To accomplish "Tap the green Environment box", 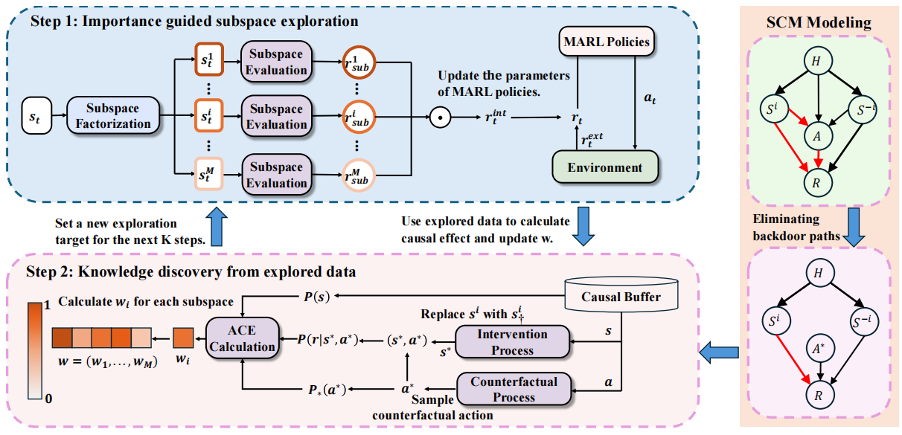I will (x=605, y=167).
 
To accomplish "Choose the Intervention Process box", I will (x=513, y=341).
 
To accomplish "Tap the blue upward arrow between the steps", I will (x=217, y=228).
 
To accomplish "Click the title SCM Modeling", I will (x=819, y=22).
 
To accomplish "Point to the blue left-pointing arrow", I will (x=719, y=347).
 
